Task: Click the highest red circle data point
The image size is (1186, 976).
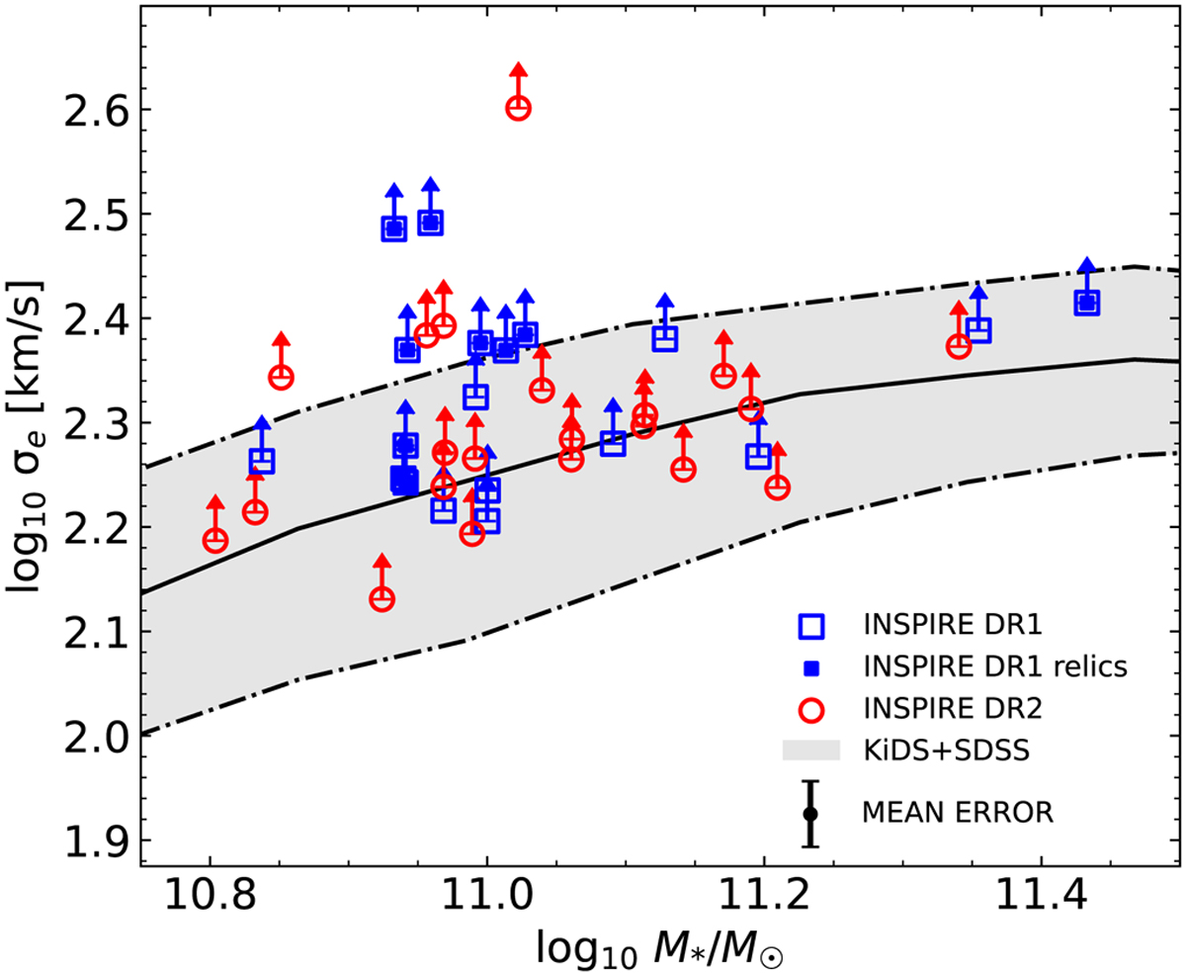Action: (519, 108)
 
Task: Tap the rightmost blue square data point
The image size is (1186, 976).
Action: (1087, 303)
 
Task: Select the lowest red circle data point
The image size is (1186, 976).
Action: (382, 598)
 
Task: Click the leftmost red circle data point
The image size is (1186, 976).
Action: (215, 540)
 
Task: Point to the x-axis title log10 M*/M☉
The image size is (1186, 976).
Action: (660, 951)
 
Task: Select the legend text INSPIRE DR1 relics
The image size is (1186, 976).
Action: (994, 667)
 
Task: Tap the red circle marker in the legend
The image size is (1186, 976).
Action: (810, 709)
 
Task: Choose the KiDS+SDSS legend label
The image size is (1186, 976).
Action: (947, 750)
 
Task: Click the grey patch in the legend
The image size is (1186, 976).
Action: (810, 751)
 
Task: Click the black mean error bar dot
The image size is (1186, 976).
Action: (810, 814)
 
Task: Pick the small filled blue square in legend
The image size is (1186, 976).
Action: (810, 668)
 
